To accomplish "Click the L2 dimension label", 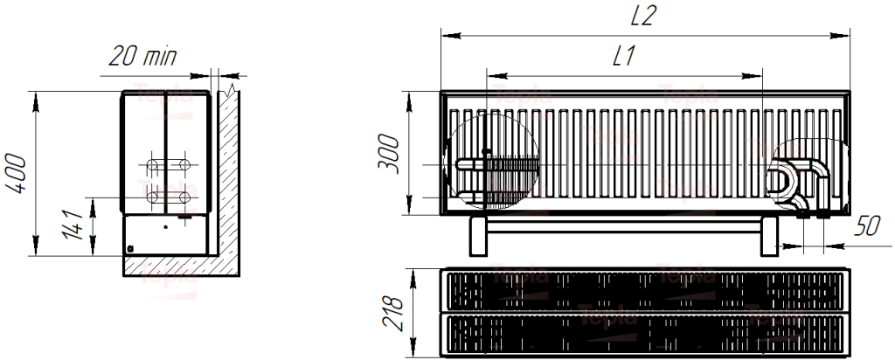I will pos(645,17).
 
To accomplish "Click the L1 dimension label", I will pos(623,57).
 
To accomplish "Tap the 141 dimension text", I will pos(76,226).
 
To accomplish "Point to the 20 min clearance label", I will pos(142,58).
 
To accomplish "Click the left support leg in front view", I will pos(478,236).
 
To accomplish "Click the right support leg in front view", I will pos(769,236).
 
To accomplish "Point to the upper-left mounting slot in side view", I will pos(154,163).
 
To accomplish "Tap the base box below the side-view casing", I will pos(165,235).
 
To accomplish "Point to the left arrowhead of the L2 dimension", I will pos(446,36).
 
